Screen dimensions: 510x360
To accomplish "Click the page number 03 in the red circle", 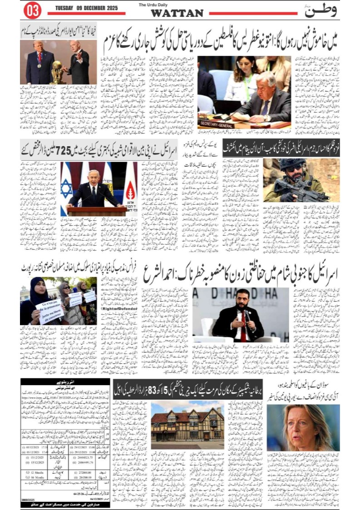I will [x=32, y=10].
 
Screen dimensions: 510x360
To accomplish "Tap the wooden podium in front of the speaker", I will [x=97, y=211].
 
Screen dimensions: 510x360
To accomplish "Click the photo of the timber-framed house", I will [x=187, y=425].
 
